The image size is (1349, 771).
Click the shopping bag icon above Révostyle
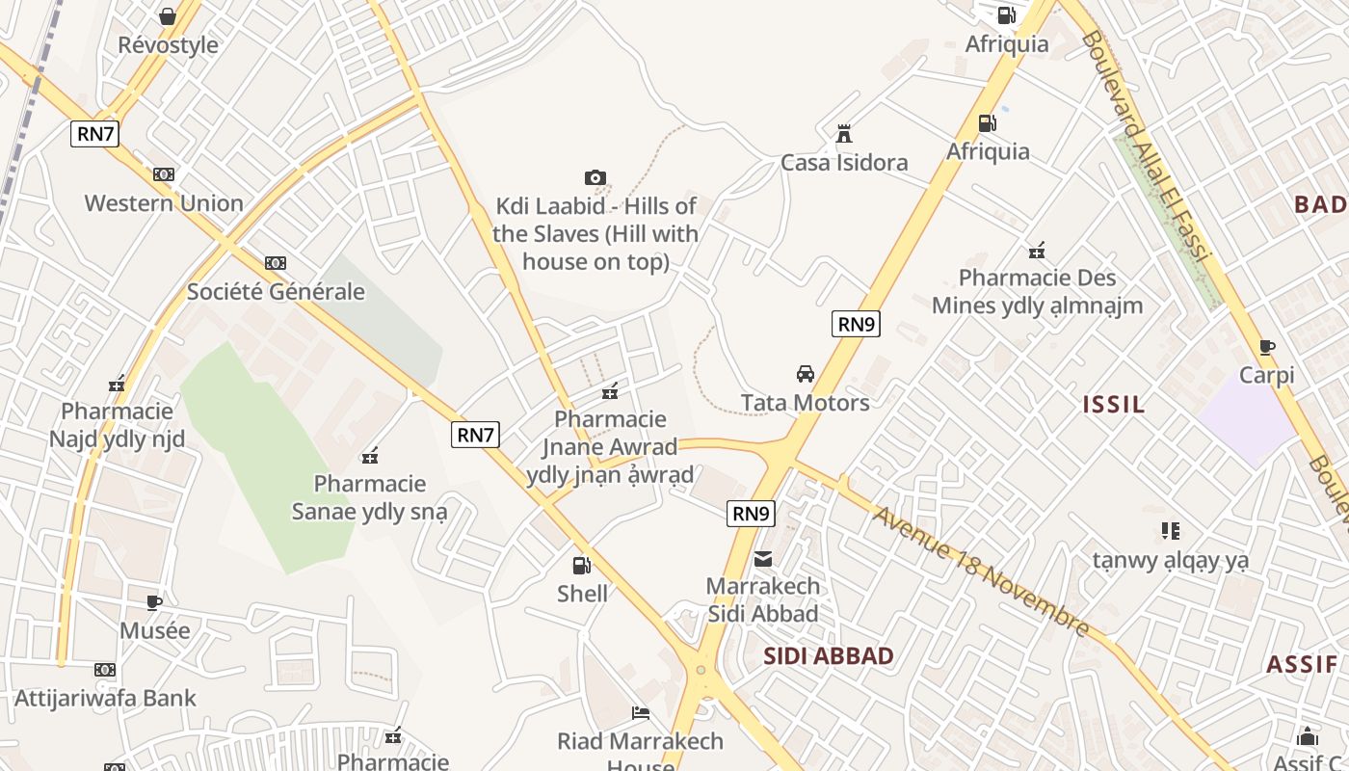coord(168,16)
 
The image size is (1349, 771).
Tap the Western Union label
coord(164,203)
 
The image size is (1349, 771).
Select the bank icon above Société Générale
coord(276,263)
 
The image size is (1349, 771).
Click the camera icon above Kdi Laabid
coord(595,177)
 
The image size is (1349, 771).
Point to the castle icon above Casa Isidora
coord(844,133)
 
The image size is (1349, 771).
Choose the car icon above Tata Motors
coord(806,373)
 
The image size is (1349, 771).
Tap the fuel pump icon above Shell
coord(582,565)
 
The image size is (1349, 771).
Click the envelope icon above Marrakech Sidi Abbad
coord(763,558)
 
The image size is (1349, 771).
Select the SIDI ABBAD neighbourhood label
coord(829,656)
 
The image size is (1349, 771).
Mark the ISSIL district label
coord(1114,405)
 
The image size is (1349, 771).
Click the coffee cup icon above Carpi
coord(1267,347)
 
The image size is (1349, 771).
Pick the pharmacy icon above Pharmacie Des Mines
coord(1037,251)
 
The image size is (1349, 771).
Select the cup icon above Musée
coord(154,602)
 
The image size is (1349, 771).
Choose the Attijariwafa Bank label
coord(105,698)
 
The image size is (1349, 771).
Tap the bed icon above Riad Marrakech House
coord(641,713)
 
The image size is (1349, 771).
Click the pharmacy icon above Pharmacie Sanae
coord(370,455)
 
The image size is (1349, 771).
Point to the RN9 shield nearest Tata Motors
coord(856,324)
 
